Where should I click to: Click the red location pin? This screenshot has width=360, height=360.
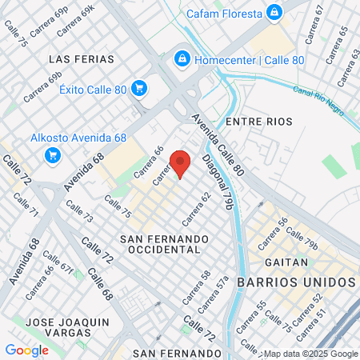coord(180,162)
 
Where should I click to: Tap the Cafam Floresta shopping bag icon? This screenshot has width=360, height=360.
coord(274,13)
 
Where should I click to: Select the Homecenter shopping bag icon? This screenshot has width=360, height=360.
coord(181,60)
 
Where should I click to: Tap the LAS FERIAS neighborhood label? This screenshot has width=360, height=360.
coord(81,59)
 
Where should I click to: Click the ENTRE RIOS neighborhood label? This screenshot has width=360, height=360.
coord(259,121)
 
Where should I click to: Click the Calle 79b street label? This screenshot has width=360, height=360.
coord(302,239)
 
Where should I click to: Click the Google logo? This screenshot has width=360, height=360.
coord(26,350)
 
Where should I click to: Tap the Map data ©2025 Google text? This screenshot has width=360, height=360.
coord(310,354)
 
